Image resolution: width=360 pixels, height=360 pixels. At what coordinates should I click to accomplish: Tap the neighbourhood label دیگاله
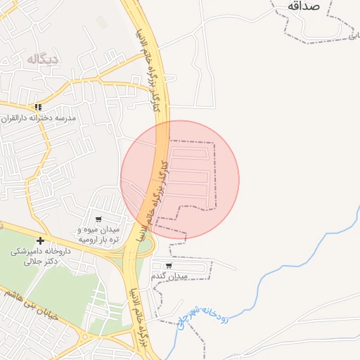pos(43,59)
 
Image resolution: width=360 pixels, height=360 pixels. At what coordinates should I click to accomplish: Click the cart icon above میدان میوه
pos(98,219)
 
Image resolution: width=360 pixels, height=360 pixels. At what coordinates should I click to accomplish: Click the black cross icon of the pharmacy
pos(40,241)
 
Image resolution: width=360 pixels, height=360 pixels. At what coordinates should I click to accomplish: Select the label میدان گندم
pos(169,276)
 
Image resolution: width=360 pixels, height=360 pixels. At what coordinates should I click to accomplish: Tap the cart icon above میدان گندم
pos(169,265)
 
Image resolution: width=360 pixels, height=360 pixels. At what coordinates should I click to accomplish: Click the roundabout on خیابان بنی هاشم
pos(85,337)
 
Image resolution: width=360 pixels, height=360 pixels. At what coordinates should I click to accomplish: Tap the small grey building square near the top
pos(103,22)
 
